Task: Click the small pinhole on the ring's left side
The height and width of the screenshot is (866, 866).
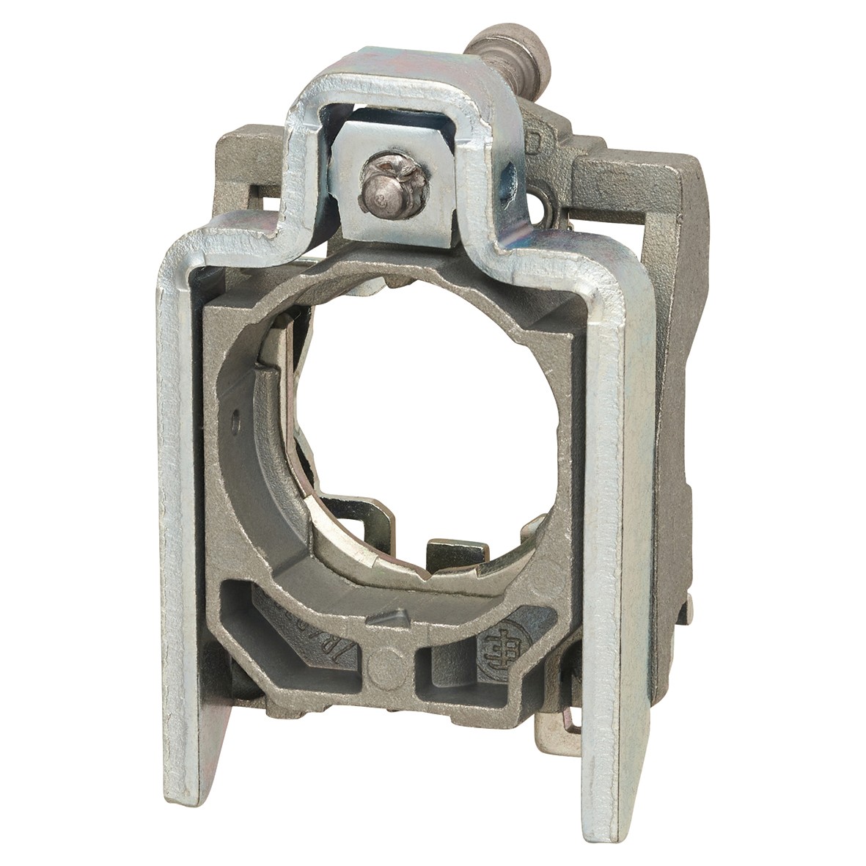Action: pos(235,422)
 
